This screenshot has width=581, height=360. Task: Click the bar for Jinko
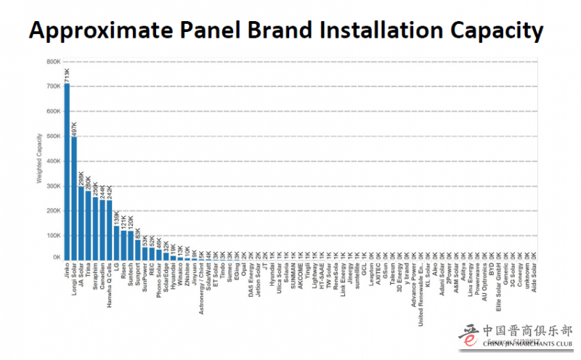coord(67,171)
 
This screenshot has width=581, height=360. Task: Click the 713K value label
coord(67,73)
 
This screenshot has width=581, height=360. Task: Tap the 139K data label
coord(116,216)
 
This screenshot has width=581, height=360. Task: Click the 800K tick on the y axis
coord(52,62)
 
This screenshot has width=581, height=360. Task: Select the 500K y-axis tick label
coord(52,136)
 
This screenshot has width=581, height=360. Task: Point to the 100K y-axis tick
coord(52,234)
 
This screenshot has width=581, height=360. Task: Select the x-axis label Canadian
coord(102,279)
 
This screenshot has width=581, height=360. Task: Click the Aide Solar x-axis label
coord(534,277)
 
